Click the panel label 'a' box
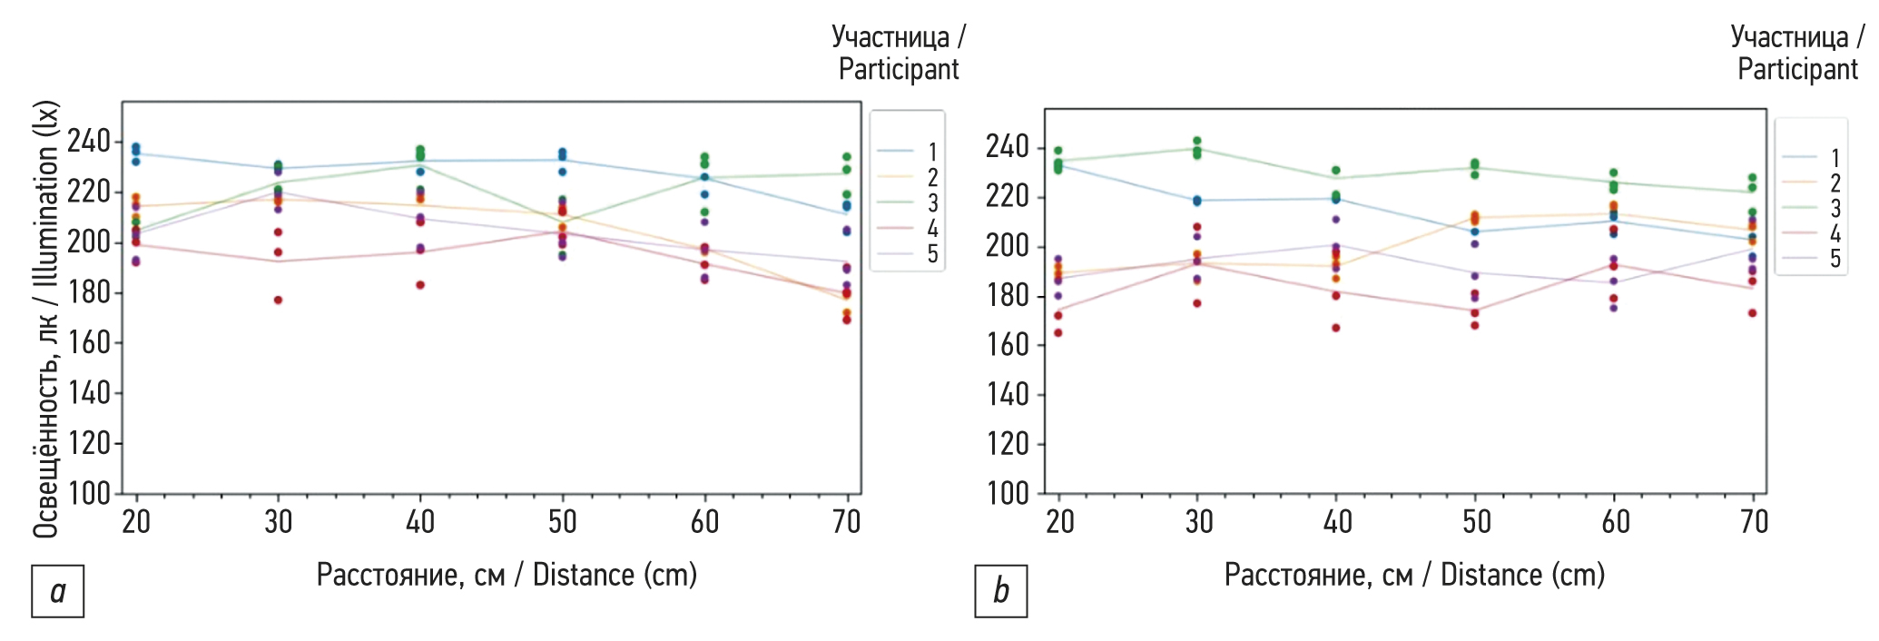(57, 591)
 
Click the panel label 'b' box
(1000, 591)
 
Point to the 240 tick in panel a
(88, 142)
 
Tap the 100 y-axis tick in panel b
(1008, 494)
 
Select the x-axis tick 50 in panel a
(562, 522)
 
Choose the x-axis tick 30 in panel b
(1199, 522)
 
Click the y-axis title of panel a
(45, 318)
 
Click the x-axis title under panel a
(507, 576)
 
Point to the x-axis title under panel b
(1414, 576)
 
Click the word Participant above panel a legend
(898, 70)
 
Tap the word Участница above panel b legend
(1788, 37)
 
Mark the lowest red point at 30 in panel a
(279, 300)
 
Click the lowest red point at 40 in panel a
(420, 285)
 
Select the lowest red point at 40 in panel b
(1336, 328)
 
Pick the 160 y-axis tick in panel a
(88, 343)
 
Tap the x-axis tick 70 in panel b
(1754, 522)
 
